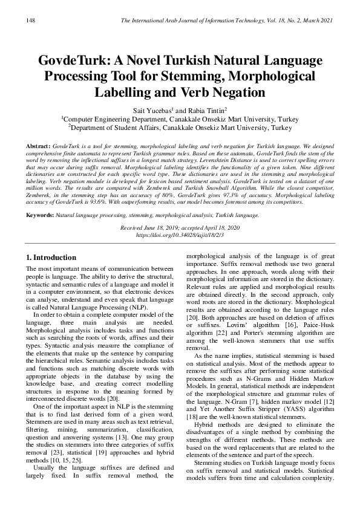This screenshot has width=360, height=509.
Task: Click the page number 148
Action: pos(31,21)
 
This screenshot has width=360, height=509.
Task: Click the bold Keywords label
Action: pos(40,215)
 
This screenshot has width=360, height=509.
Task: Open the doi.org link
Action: pos(180,233)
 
